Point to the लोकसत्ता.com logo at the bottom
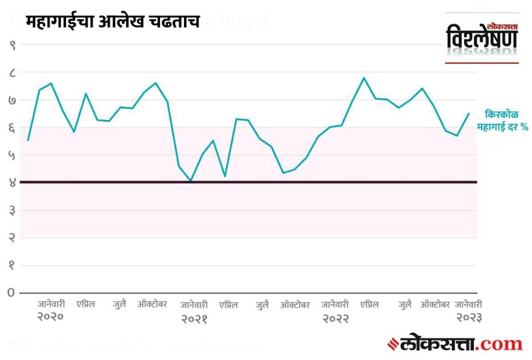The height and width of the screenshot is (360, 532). (456, 343)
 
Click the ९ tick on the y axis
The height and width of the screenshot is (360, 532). (12, 46)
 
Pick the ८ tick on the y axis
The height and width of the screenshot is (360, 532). (12, 73)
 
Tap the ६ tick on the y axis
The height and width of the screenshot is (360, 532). (12, 128)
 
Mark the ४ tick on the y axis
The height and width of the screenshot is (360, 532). (12, 183)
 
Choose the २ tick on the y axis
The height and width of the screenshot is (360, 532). (12, 237)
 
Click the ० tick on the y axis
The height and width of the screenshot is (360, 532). (12, 292)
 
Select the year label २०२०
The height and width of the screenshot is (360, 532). (50, 317)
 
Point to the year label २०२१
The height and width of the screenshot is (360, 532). (194, 318)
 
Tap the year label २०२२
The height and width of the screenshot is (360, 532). (335, 318)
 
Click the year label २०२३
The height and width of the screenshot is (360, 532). (468, 317)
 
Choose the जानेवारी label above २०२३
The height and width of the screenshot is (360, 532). (468, 304)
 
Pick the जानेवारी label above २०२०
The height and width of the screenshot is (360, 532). (50, 304)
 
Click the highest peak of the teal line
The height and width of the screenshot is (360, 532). (364, 78)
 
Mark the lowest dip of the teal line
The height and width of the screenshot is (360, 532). (190, 181)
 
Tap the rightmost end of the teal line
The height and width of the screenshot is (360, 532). (469, 113)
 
